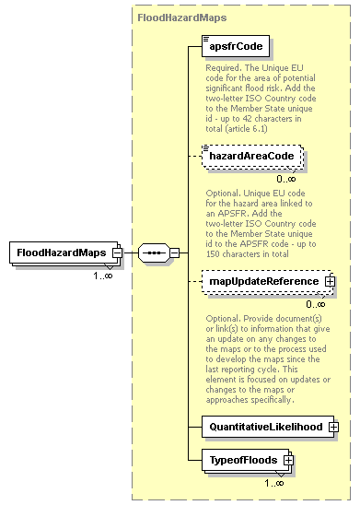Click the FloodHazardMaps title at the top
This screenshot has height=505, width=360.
(x=182, y=17)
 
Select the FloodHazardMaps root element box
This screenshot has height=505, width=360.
(x=61, y=252)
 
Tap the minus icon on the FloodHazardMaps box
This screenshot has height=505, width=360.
(x=117, y=252)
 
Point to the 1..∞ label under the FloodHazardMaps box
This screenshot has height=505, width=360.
(x=101, y=275)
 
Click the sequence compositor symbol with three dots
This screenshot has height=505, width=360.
(x=152, y=252)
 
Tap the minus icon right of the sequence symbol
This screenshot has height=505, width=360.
(x=175, y=252)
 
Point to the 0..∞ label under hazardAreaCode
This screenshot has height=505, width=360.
(x=286, y=180)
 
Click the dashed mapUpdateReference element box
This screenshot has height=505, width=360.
(x=257, y=280)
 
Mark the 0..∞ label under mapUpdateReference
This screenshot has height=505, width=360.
(x=316, y=303)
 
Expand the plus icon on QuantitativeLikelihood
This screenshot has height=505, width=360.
(x=333, y=427)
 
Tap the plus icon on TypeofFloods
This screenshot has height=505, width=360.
(x=288, y=459)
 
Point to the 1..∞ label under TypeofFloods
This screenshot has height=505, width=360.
(x=273, y=482)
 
